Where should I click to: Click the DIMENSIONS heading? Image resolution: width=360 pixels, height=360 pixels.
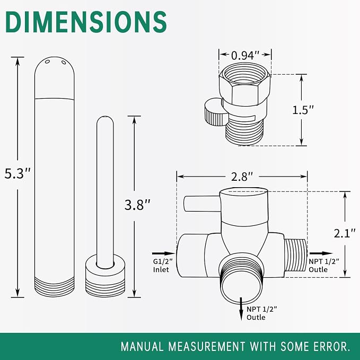pos(86,22)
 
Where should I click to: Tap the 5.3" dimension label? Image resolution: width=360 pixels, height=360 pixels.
pos(17,173)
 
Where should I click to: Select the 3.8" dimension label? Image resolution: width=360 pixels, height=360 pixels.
pos(137,205)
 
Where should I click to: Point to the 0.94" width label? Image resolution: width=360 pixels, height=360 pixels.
pos(245,56)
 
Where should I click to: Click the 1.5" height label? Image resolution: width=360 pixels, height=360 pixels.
pos(303,110)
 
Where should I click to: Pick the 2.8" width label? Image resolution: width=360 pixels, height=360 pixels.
pos(242,177)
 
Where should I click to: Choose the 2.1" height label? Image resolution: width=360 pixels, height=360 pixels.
pos(345,233)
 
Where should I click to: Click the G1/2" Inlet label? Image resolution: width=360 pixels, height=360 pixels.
pos(163,266)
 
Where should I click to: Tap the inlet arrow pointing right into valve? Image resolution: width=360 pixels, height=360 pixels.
pos(163,253)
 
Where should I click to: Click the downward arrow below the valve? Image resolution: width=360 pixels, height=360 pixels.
pos(241,309)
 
